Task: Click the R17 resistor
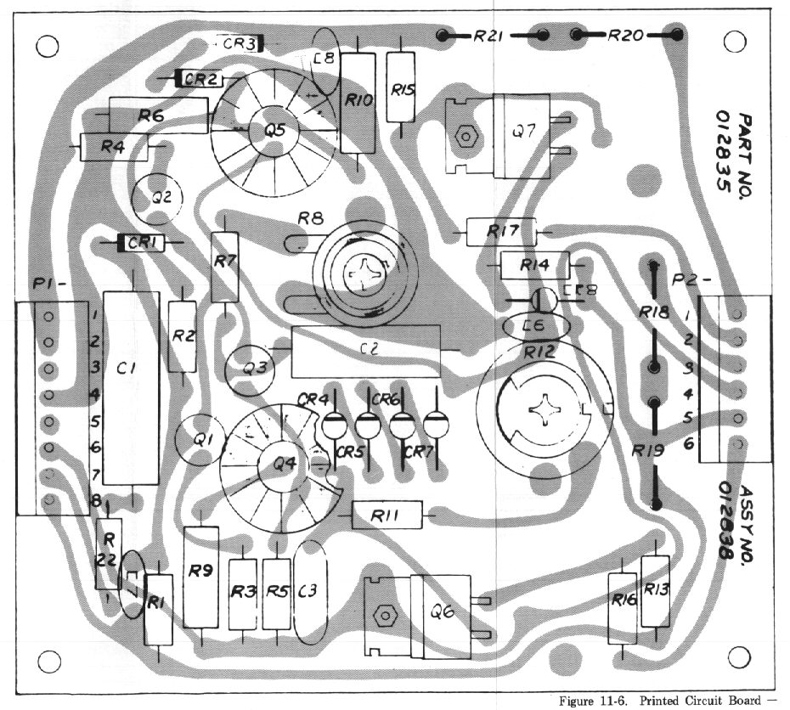pos(503,229)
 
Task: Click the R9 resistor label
pos(200,572)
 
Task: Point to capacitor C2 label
pos(367,347)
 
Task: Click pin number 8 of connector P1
pos(96,500)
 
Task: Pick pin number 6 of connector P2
pos(688,443)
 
